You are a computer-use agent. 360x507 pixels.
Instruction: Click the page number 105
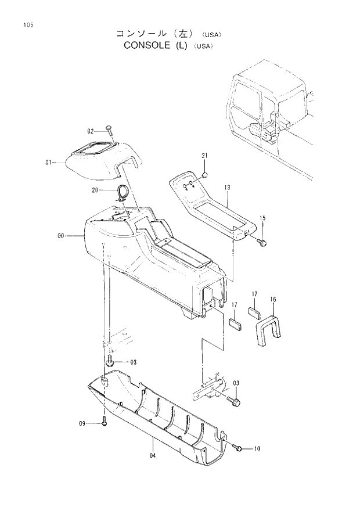[x=27, y=25]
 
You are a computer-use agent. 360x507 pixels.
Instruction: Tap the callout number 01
[x=49, y=163]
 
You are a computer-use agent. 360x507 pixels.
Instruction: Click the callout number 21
[x=204, y=156]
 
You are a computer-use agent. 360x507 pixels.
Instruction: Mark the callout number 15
[x=262, y=218]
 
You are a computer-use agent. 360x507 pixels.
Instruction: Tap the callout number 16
[x=273, y=300]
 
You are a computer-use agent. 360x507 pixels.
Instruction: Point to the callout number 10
[x=257, y=448]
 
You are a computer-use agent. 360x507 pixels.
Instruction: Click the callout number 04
[x=152, y=456]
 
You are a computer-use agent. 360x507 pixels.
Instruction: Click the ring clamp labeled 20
[x=123, y=192]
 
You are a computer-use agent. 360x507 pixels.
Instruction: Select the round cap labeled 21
[x=205, y=174]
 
